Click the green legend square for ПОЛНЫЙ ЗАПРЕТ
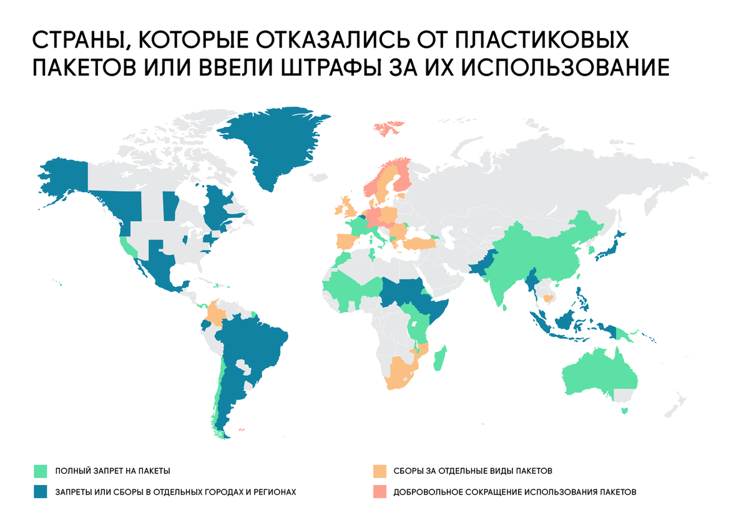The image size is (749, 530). click(41, 471)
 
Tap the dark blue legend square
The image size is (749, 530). click(41, 491)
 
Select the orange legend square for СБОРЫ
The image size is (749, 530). click(379, 471)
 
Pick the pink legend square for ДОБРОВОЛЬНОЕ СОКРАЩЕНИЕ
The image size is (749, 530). click(379, 491)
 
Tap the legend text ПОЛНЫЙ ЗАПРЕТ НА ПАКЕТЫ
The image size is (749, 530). click(112, 471)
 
